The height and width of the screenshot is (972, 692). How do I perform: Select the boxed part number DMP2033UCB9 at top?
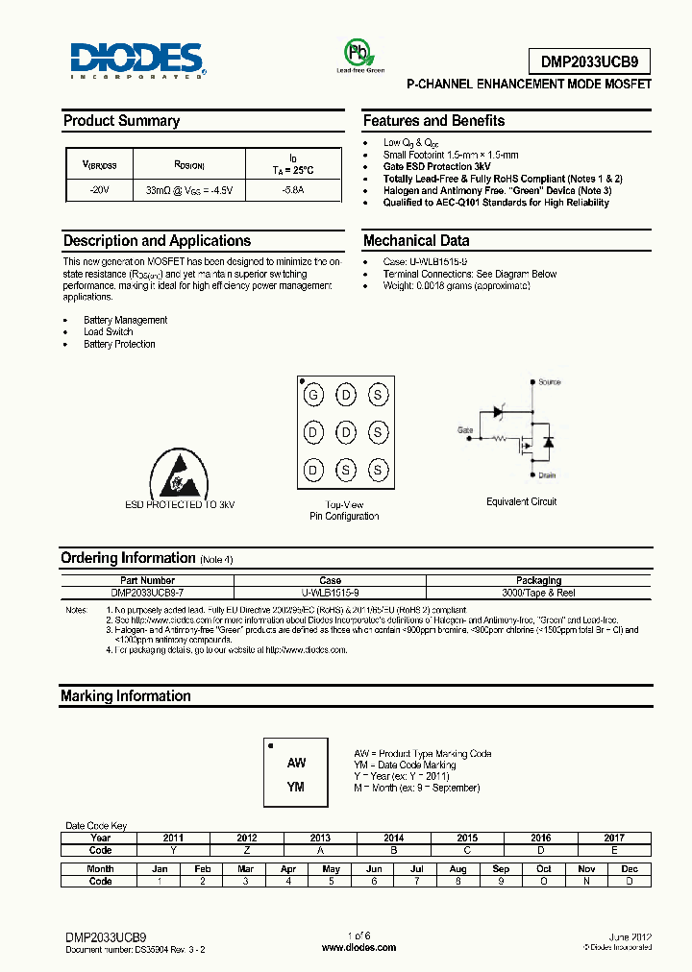[588, 62]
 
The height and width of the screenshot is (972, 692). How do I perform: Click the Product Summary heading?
[121, 121]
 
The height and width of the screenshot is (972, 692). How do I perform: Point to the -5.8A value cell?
[293, 191]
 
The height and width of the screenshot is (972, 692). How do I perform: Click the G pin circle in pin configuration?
[312, 395]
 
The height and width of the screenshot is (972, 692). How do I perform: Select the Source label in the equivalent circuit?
[549, 382]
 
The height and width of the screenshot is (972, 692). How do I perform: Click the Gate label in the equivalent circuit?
[465, 430]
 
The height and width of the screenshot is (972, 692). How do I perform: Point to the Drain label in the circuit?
[547, 474]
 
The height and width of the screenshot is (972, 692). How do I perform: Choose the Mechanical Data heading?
[415, 241]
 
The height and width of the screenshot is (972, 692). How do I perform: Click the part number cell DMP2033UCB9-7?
[148, 594]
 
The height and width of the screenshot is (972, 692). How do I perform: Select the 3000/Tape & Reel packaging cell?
[538, 594]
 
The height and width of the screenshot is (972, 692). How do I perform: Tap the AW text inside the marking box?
[296, 763]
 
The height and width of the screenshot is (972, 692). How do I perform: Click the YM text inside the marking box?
[296, 787]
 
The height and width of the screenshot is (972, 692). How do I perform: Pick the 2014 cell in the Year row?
[393, 838]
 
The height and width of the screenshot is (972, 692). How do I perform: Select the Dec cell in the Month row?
[629, 868]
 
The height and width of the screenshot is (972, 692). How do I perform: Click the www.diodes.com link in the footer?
[358, 947]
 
